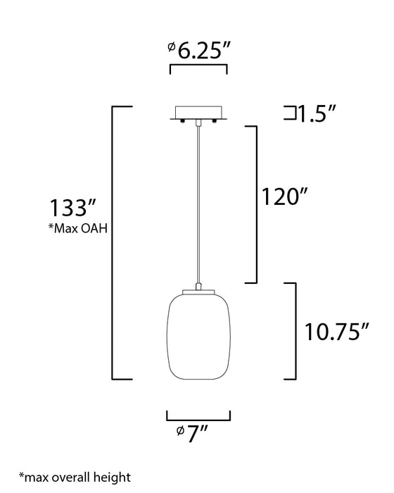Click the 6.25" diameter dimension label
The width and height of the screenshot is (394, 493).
point(200,50)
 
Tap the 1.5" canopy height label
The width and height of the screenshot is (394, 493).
point(317,113)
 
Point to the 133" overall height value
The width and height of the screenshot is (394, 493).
point(72,208)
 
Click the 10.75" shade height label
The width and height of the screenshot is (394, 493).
point(336,332)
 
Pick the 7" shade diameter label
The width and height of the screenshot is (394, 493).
point(192,434)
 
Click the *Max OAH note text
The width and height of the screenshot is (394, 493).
point(78,228)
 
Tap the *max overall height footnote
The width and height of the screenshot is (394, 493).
point(75,478)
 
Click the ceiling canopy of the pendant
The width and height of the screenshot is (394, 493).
point(198,113)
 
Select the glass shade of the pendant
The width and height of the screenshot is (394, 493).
point(198,337)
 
